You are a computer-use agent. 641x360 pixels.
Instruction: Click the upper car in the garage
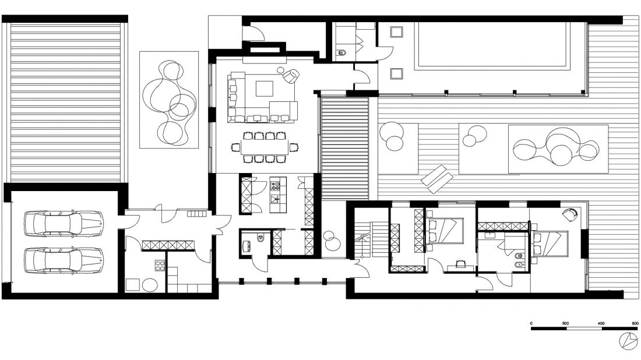point(64,224)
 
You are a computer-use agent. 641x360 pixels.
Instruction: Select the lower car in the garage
point(64,260)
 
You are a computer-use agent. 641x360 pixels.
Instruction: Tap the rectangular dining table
point(265,147)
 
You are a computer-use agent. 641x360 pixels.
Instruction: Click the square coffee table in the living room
point(265,89)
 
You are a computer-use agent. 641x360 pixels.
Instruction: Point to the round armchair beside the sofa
point(291,75)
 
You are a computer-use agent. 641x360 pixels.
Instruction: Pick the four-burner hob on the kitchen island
point(276,186)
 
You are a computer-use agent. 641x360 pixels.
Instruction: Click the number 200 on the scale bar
point(565,323)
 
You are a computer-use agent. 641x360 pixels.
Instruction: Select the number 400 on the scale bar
point(601,323)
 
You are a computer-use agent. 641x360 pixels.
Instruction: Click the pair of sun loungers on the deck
point(437,179)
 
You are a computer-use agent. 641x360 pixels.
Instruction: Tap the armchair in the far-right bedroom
point(570,214)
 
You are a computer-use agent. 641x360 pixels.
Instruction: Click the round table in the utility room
point(150,285)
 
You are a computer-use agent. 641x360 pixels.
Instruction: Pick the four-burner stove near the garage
point(160,266)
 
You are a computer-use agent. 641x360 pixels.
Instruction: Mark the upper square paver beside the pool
point(396,31)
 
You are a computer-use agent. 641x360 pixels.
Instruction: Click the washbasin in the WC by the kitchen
point(246,246)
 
